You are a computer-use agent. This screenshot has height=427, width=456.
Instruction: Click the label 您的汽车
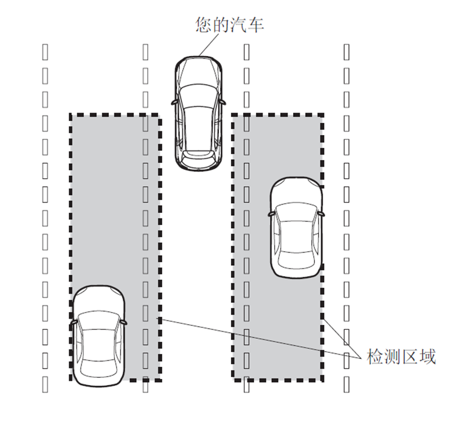point(230,26)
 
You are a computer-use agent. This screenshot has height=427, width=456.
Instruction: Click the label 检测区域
point(401,357)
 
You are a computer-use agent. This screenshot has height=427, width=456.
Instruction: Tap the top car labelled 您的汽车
point(199,113)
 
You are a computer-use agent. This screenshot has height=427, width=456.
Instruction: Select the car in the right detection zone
point(296,227)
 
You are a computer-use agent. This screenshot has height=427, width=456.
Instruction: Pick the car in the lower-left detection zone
point(99,336)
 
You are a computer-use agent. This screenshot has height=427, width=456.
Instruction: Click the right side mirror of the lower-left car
point(125,321)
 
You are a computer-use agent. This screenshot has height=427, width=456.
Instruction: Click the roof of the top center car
point(199,122)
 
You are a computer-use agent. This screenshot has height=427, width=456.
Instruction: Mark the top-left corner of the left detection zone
point(71,115)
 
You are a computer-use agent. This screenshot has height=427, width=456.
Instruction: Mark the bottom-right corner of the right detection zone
point(321,380)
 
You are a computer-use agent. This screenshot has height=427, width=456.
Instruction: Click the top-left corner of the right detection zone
point(233,115)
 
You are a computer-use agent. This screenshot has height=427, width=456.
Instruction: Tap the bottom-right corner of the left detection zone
point(159,380)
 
